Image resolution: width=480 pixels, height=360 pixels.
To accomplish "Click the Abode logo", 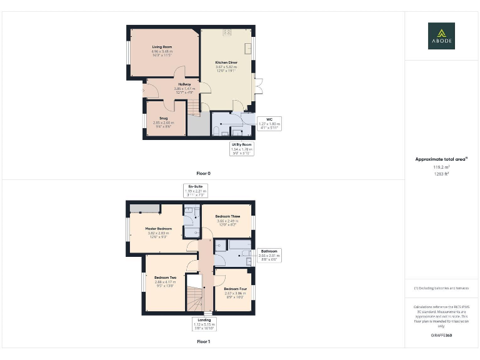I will (441, 36).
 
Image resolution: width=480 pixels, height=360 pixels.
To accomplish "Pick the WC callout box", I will (269, 122).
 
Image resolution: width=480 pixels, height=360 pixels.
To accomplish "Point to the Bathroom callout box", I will (269, 254).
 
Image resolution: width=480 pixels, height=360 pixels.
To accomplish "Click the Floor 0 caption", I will (203, 172).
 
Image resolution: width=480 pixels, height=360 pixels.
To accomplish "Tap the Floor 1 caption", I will (203, 342).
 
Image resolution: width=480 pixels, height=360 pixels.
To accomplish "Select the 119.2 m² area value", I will (441, 167).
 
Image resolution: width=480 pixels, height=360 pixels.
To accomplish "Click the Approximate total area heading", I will (441, 159).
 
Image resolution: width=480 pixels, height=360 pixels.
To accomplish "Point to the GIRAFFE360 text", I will (441, 336).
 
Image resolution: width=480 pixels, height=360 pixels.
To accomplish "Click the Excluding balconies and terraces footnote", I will (441, 287).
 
